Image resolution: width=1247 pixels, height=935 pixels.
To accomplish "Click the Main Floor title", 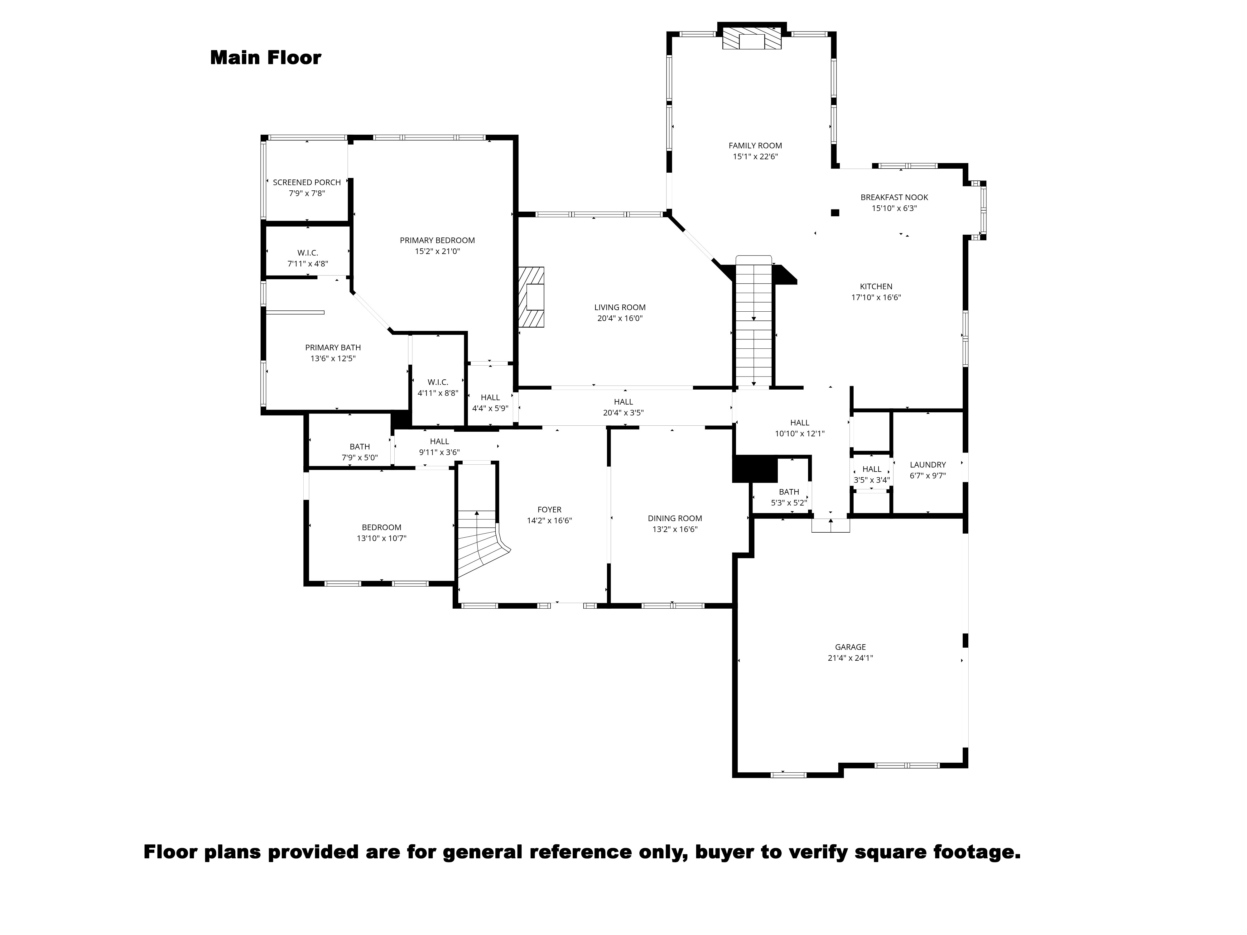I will click(x=266, y=57).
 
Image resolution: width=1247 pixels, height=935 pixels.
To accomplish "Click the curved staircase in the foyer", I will click(x=479, y=544).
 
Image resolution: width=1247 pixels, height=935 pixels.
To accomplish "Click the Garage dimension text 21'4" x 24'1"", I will click(x=850, y=658).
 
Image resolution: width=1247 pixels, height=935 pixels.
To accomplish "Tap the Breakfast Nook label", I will click(x=894, y=197).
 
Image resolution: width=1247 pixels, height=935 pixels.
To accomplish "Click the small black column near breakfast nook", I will click(x=835, y=213).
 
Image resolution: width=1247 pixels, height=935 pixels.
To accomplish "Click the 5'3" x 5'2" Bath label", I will click(x=789, y=497).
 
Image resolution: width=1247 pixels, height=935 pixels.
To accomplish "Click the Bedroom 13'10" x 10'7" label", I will click(x=382, y=533).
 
